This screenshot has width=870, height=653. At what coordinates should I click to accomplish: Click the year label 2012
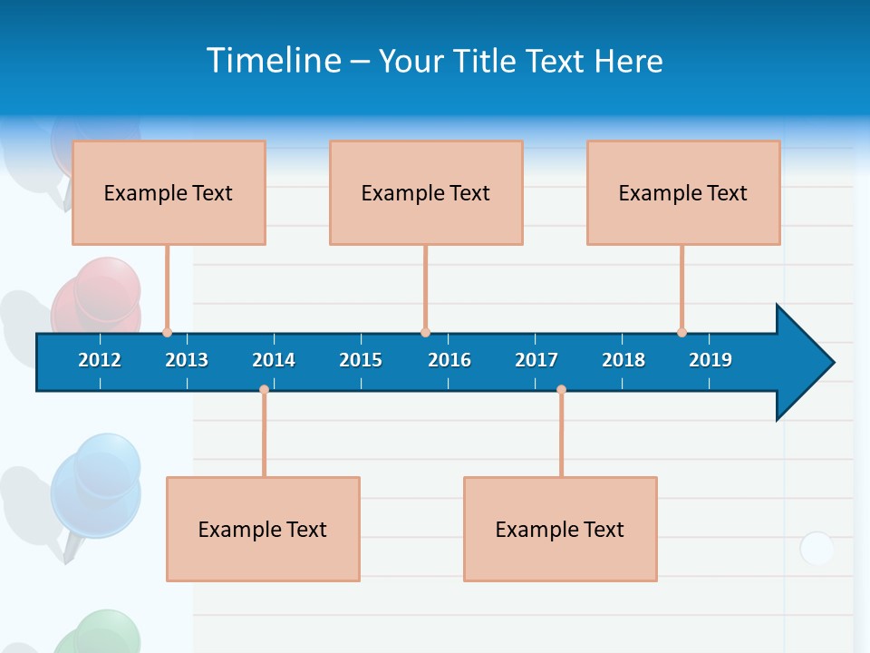pyautogui.click(x=100, y=360)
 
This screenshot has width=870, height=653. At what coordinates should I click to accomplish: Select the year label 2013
pyautogui.click(x=187, y=360)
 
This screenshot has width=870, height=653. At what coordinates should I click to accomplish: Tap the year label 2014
pyautogui.click(x=274, y=360)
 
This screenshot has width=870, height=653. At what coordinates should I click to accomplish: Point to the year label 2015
pyautogui.click(x=361, y=360)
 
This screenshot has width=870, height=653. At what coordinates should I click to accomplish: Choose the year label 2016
pyautogui.click(x=449, y=360)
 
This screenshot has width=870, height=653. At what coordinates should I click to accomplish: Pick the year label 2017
pyautogui.click(x=536, y=360)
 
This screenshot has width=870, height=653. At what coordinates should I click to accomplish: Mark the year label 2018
pyautogui.click(x=623, y=360)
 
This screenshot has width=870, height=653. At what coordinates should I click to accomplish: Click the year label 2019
pyautogui.click(x=710, y=360)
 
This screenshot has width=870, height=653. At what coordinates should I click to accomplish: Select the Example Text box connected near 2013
pyautogui.click(x=169, y=192)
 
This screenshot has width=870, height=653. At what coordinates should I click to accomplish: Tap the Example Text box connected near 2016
pyautogui.click(x=426, y=192)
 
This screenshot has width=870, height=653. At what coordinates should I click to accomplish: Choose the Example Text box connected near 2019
pyautogui.click(x=683, y=192)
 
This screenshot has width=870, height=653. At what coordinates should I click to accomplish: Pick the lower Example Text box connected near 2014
pyautogui.click(x=263, y=529)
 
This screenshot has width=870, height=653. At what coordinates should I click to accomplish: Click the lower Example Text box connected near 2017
pyautogui.click(x=560, y=529)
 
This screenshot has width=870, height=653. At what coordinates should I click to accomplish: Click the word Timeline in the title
pyautogui.click(x=274, y=60)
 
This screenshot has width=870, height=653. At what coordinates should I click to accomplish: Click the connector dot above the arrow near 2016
pyautogui.click(x=425, y=332)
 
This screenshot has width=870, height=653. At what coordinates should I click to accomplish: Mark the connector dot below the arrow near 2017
pyautogui.click(x=561, y=390)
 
